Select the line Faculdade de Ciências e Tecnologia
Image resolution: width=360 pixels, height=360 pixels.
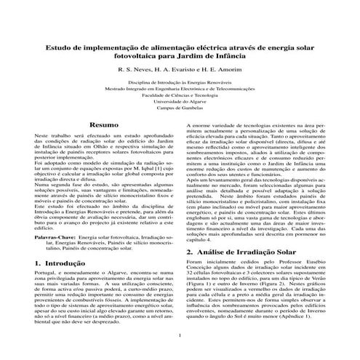[179, 95]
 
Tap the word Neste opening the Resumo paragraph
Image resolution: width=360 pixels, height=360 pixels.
[43, 136]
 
